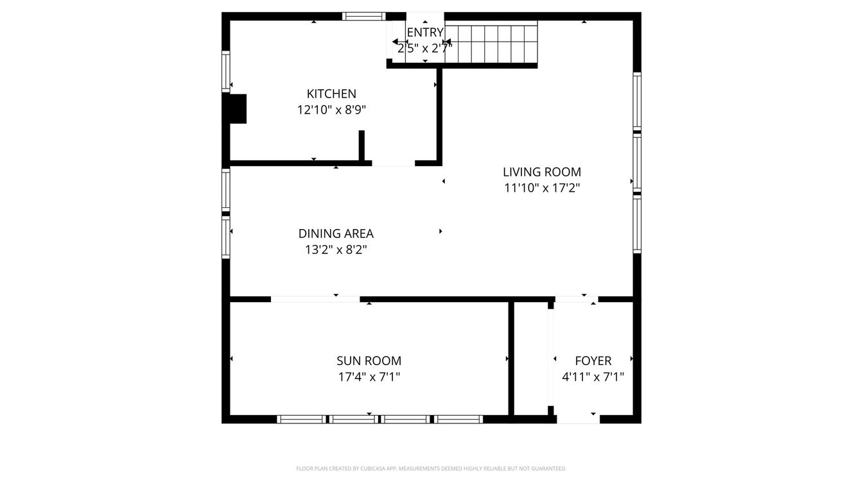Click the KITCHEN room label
pyautogui.click(x=331, y=94)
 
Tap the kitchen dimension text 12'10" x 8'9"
pyautogui.click(x=331, y=110)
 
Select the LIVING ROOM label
pyautogui.click(x=541, y=172)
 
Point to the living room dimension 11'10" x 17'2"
pyautogui.click(x=541, y=188)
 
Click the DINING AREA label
pyautogui.click(x=336, y=234)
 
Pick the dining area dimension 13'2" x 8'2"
pyautogui.click(x=336, y=250)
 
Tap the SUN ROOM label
pyautogui.click(x=369, y=361)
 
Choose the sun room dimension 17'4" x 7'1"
pyautogui.click(x=369, y=377)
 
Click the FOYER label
pyautogui.click(x=593, y=361)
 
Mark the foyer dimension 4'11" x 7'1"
pyautogui.click(x=593, y=377)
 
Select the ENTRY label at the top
pyautogui.click(x=424, y=33)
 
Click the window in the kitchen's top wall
pyautogui.click(x=363, y=17)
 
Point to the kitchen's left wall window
pyautogui.click(x=226, y=71)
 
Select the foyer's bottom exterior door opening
pyautogui.click(x=578, y=419)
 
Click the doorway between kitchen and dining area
pyautogui.click(x=393, y=164)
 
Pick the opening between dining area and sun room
pyautogui.click(x=315, y=299)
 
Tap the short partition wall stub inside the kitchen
pyautogui.click(x=362, y=146)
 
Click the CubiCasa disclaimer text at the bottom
pyautogui.click(x=431, y=469)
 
